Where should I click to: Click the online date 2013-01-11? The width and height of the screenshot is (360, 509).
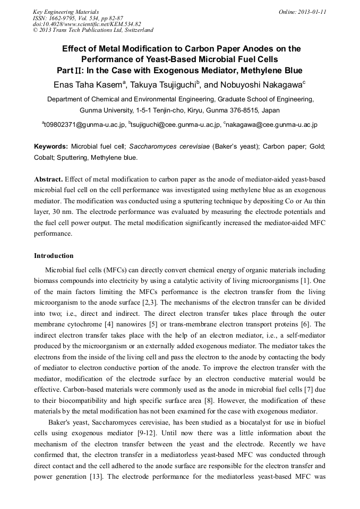[310, 11]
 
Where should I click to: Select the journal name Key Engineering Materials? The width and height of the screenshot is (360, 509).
[66, 11]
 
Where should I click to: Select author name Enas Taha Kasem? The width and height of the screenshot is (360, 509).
[88, 85]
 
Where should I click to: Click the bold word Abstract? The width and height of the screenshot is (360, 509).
[49, 179]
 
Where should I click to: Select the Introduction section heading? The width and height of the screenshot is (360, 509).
[54, 256]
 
